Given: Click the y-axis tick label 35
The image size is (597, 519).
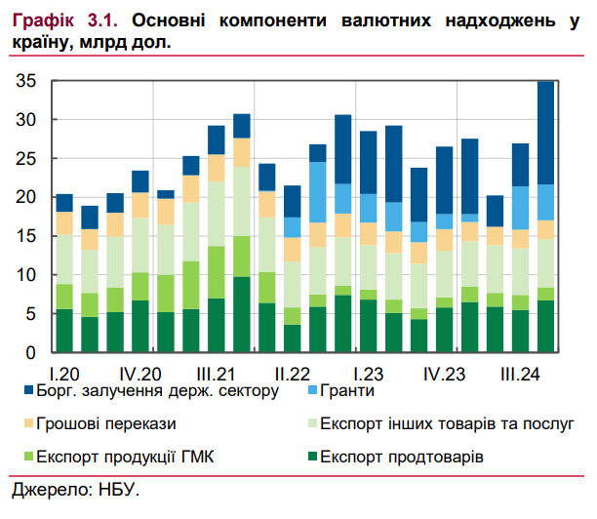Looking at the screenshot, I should (26, 82).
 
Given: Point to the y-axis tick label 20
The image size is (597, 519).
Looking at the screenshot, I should (26, 198).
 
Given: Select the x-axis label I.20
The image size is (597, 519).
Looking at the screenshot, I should (64, 374).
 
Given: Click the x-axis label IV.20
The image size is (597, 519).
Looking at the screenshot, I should (140, 374).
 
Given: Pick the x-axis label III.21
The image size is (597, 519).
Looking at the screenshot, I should (217, 374).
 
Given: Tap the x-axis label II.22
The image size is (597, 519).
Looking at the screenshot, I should (293, 374).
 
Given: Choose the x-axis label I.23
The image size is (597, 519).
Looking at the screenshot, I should (369, 374).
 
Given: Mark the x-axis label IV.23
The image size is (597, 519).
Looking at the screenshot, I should (445, 374).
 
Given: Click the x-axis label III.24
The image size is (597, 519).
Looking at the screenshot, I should (521, 374).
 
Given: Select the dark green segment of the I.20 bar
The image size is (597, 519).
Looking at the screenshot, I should (64, 331).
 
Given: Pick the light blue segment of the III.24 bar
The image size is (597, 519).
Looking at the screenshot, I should (521, 208).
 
